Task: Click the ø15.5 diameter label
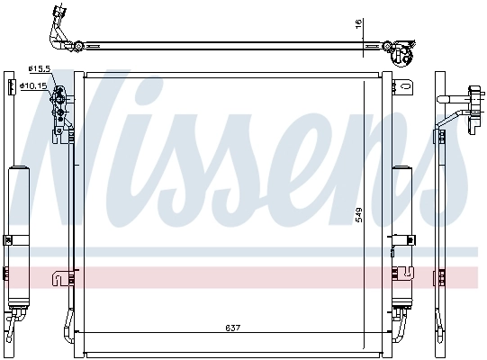[x=41, y=68]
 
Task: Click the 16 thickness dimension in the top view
[x=357, y=25]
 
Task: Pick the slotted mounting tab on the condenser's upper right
[x=406, y=89]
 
